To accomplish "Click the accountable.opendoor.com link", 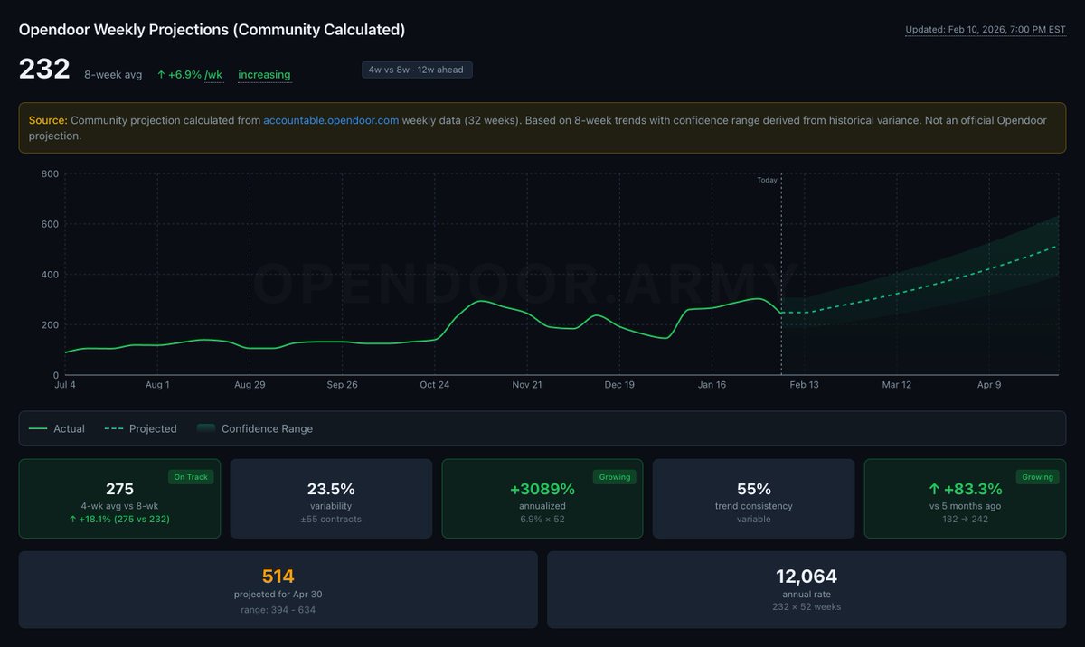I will (331, 120).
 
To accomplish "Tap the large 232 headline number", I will (44, 70).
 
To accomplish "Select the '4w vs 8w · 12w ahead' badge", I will (417, 70).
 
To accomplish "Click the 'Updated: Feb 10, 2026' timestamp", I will (985, 30).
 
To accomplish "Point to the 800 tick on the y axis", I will (50, 173).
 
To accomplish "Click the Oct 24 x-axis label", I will (435, 385).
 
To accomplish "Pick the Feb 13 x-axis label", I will (804, 385).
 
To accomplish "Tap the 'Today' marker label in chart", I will (767, 180).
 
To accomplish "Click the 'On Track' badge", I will (191, 477).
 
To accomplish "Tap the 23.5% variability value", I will (331, 489).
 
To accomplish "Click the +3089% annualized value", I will (542, 489).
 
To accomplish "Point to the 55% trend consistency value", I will (753, 489).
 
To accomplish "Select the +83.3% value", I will (965, 489).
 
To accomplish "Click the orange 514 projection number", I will (278, 576).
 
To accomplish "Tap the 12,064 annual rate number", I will (807, 576).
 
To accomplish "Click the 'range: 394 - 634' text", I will (278, 610).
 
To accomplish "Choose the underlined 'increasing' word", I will (264, 74).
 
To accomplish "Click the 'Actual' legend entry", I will (69, 428).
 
